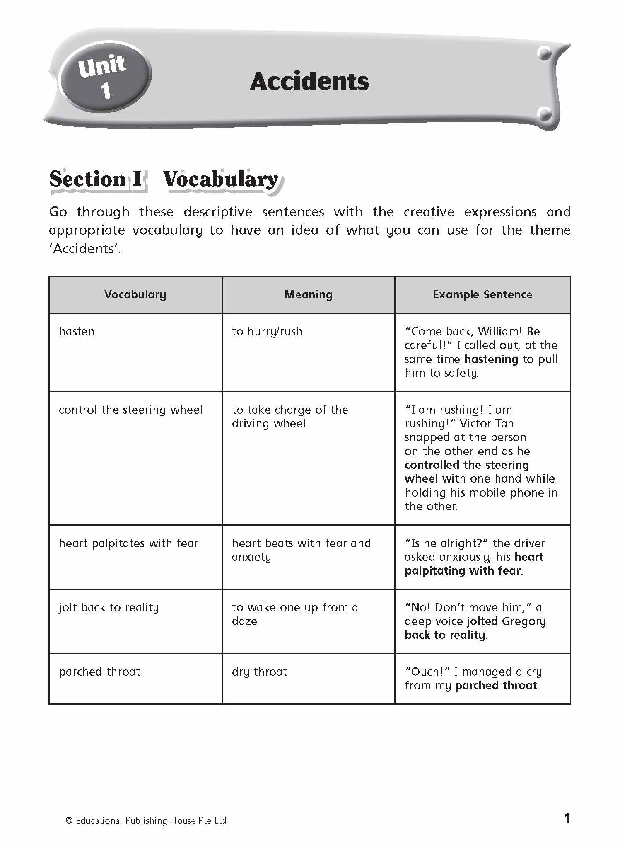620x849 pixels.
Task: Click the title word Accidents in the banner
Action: coord(309,82)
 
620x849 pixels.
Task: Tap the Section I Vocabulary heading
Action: coord(164,180)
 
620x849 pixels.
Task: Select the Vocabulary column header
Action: coord(135,295)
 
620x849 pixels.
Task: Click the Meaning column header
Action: coord(308,295)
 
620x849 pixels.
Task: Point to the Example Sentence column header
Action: coord(482,295)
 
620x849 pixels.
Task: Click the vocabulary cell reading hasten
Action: coord(77,332)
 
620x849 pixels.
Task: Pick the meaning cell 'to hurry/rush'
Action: coord(267,332)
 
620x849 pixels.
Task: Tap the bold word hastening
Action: coord(491,359)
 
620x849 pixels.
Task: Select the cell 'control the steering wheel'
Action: coord(130,410)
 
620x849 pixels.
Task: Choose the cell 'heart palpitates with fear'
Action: coord(128,543)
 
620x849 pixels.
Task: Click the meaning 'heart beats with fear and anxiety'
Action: coord(301,550)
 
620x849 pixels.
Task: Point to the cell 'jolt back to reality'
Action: coord(109,608)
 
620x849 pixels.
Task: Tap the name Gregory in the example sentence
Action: coord(524,621)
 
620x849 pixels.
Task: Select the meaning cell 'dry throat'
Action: coord(260,672)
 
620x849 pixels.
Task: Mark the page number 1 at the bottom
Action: coord(567,818)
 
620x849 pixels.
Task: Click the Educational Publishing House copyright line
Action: coord(146,821)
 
